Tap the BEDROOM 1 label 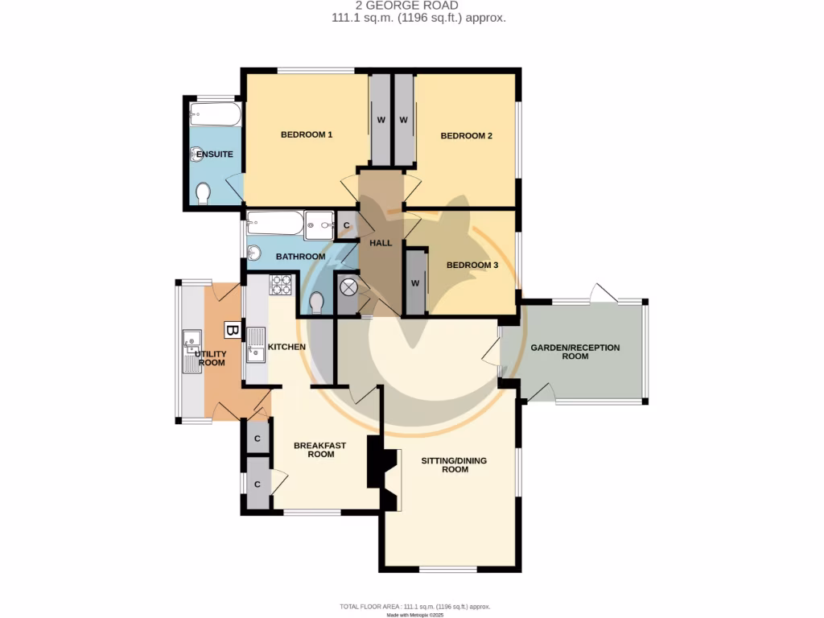pos(307,135)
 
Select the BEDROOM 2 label pos(466,136)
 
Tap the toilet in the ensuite pos(203,192)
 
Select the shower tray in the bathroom pos(319,226)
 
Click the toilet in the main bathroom pos(317,302)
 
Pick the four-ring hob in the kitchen pos(281,285)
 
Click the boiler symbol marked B pos(232,330)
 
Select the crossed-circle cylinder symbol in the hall pos(349,287)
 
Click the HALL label pos(380,243)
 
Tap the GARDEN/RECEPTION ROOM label pos(575,352)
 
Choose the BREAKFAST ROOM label pos(314,450)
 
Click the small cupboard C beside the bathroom pos(346,226)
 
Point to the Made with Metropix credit pos(415,615)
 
